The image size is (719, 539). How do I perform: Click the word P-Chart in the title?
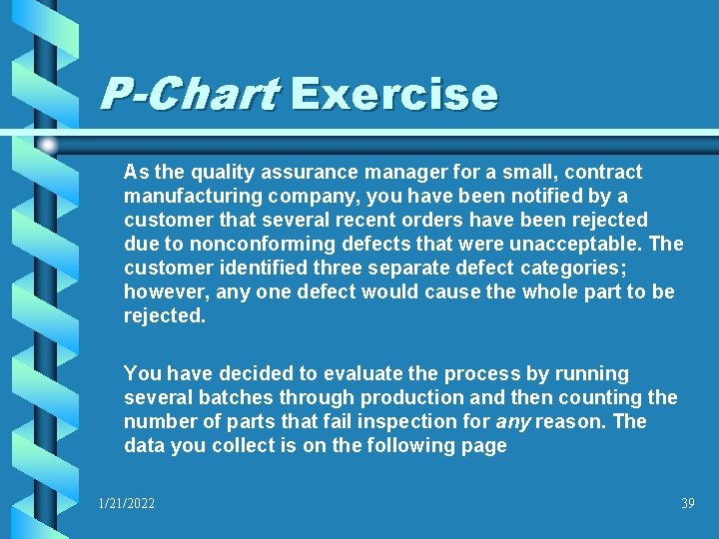pyautogui.click(x=188, y=95)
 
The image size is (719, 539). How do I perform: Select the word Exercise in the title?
pyautogui.click(x=393, y=95)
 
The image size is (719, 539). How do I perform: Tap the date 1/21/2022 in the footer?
pyautogui.click(x=126, y=504)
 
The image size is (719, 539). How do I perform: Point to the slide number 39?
pyautogui.click(x=687, y=504)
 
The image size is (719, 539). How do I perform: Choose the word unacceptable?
pyautogui.click(x=580, y=244)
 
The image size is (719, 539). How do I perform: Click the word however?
pyautogui.click(x=161, y=291)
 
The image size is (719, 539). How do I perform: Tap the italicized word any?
pyautogui.click(x=514, y=421)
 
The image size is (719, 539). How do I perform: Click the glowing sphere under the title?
pyautogui.click(x=49, y=145)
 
